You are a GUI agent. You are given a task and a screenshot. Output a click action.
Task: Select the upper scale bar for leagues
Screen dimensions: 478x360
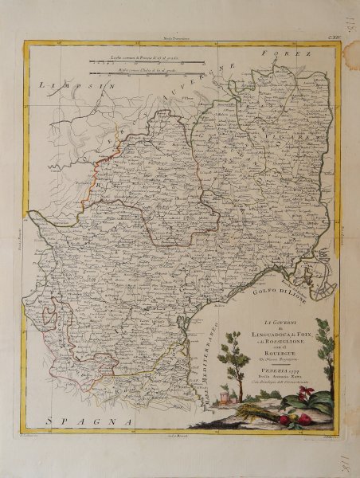point(148,61)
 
